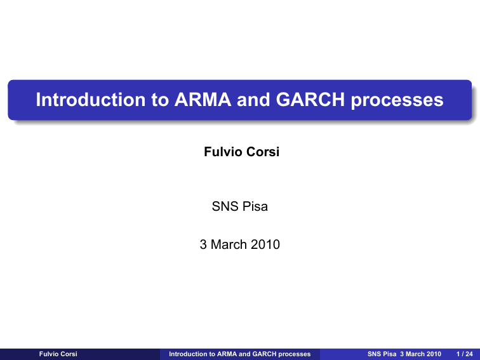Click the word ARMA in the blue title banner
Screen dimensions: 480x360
pos(203,100)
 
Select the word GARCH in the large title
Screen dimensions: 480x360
pos(310,100)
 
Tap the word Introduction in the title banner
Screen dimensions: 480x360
pos(91,100)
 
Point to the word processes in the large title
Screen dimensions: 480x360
pos(397,102)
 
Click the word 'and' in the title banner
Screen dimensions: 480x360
pos(253,100)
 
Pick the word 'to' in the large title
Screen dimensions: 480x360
pos(160,100)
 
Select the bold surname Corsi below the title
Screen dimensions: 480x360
pos(263,152)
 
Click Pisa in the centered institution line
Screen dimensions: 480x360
pos(255,206)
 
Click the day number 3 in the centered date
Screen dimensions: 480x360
pos(203,244)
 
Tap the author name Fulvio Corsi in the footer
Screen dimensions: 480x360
pos(58,354)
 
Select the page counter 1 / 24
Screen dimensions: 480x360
pos(465,354)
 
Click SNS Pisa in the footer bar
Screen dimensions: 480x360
pos(382,354)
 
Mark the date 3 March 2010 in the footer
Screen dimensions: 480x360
pos(420,354)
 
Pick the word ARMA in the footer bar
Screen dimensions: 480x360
pos(227,354)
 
